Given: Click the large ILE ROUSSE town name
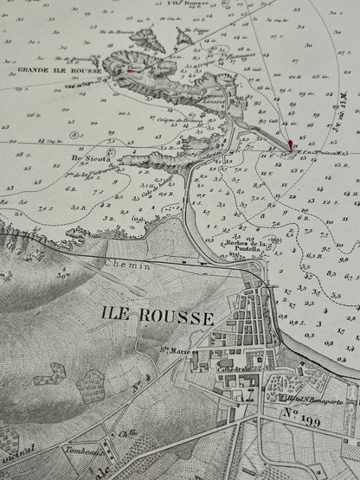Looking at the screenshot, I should [157, 317].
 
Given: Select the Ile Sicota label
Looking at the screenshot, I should [86, 158].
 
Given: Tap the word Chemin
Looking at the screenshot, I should [127, 266].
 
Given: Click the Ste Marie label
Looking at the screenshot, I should [175, 350].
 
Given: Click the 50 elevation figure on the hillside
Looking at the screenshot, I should [63, 276].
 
